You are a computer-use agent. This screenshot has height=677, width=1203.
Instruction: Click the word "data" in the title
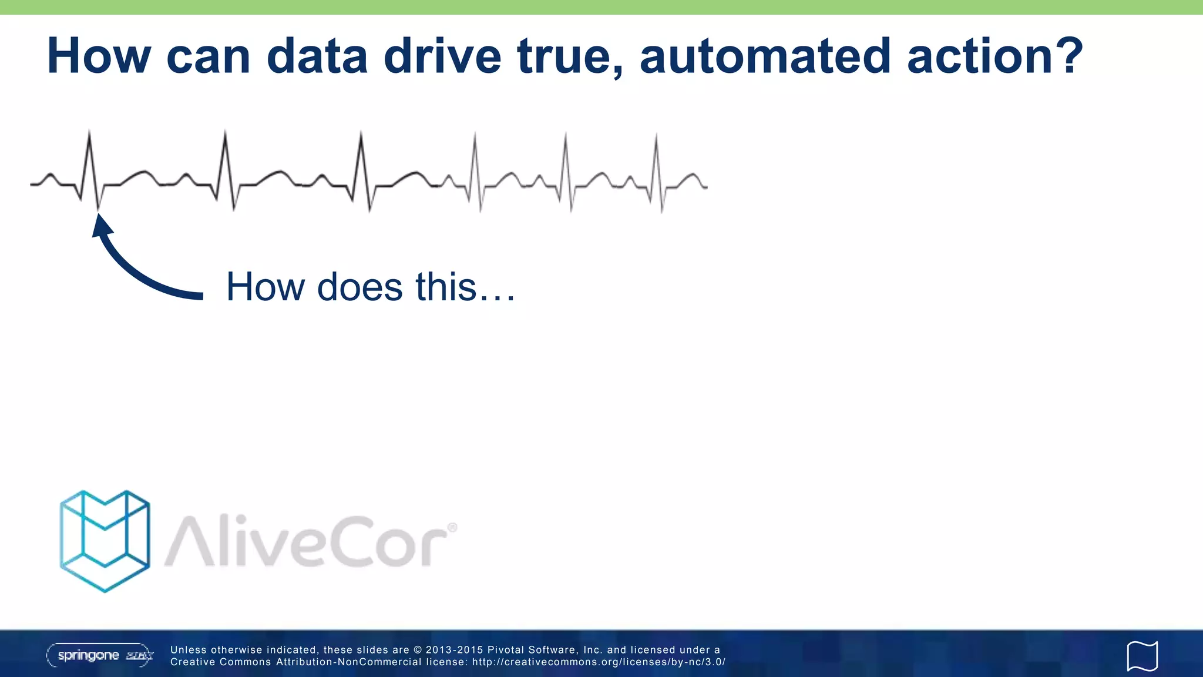pos(317,56)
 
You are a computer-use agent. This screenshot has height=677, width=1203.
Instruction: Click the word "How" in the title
pos(99,56)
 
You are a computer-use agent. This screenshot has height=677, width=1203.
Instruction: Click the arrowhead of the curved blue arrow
pos(102,226)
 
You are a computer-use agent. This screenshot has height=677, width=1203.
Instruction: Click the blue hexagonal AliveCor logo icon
pos(105,541)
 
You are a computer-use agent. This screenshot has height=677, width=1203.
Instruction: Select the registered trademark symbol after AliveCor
pos(452,528)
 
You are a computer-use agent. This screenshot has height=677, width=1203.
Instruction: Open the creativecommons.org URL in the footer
pos(599,662)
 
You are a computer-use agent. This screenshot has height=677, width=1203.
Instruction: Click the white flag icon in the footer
pos(1142,656)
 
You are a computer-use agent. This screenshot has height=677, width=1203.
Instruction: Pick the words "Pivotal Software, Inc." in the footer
pos(545,650)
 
